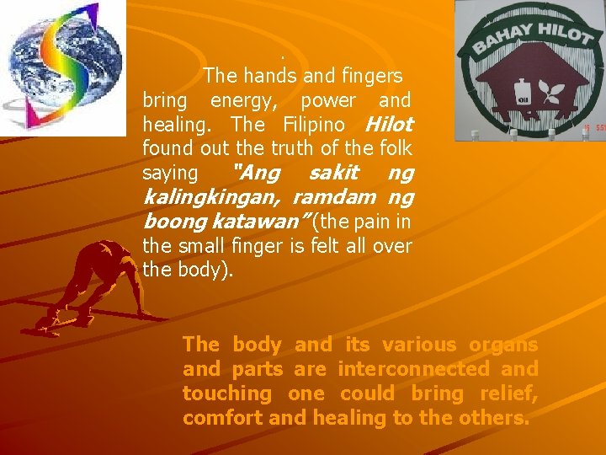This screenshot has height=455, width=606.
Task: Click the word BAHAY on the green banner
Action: [496, 36]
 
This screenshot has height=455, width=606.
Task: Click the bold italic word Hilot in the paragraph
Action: [389, 125]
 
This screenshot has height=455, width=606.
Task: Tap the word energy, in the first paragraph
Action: [238, 100]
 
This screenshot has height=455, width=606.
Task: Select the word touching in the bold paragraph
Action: [227, 393]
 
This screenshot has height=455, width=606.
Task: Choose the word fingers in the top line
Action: [371, 76]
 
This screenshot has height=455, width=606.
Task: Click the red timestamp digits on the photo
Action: [593, 129]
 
